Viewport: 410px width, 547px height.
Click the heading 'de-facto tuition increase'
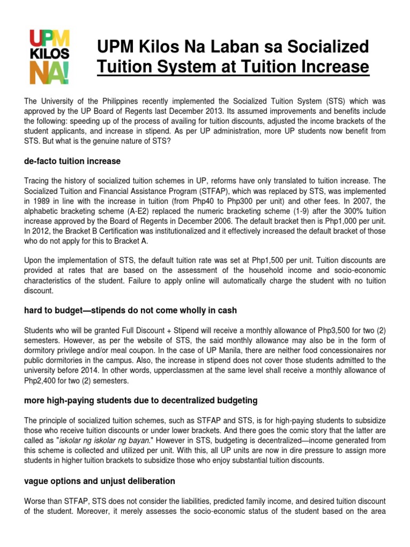pos(73,161)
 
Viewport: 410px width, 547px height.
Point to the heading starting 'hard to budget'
pos(130,310)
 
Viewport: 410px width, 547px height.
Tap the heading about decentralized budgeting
pos(141,400)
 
